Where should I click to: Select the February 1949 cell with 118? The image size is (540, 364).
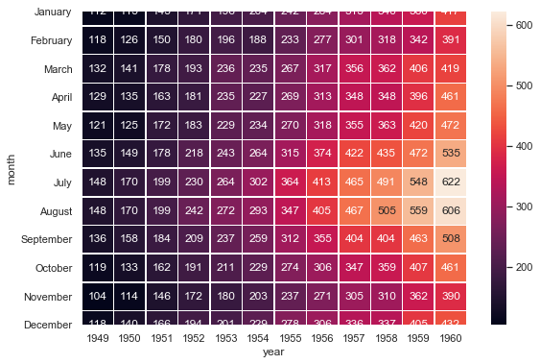click(96, 40)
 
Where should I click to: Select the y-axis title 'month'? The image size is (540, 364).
click(12, 169)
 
